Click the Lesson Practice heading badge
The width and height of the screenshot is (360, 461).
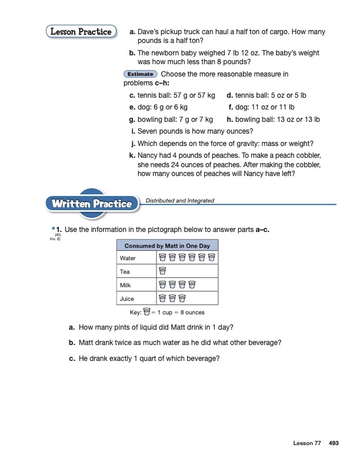tap(80, 32)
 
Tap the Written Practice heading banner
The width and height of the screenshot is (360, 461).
tap(92, 204)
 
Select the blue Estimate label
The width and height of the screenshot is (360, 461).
tap(141, 74)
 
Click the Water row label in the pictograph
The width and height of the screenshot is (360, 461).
tap(128, 258)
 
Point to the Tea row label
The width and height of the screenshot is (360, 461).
tap(125, 272)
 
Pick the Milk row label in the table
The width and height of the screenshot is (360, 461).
tap(126, 286)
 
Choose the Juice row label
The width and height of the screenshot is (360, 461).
tap(127, 299)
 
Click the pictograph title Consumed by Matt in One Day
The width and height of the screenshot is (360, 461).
tap(168, 246)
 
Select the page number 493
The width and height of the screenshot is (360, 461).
tap(334, 442)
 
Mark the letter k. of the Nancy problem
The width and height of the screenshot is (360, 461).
tap(132, 155)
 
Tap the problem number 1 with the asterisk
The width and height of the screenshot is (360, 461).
tap(56, 228)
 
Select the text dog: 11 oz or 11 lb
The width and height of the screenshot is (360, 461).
tap(265, 107)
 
